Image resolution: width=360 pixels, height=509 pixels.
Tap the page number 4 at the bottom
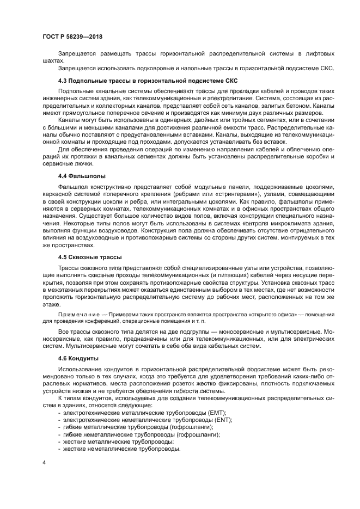44,463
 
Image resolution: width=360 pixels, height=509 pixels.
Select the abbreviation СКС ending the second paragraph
327,68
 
